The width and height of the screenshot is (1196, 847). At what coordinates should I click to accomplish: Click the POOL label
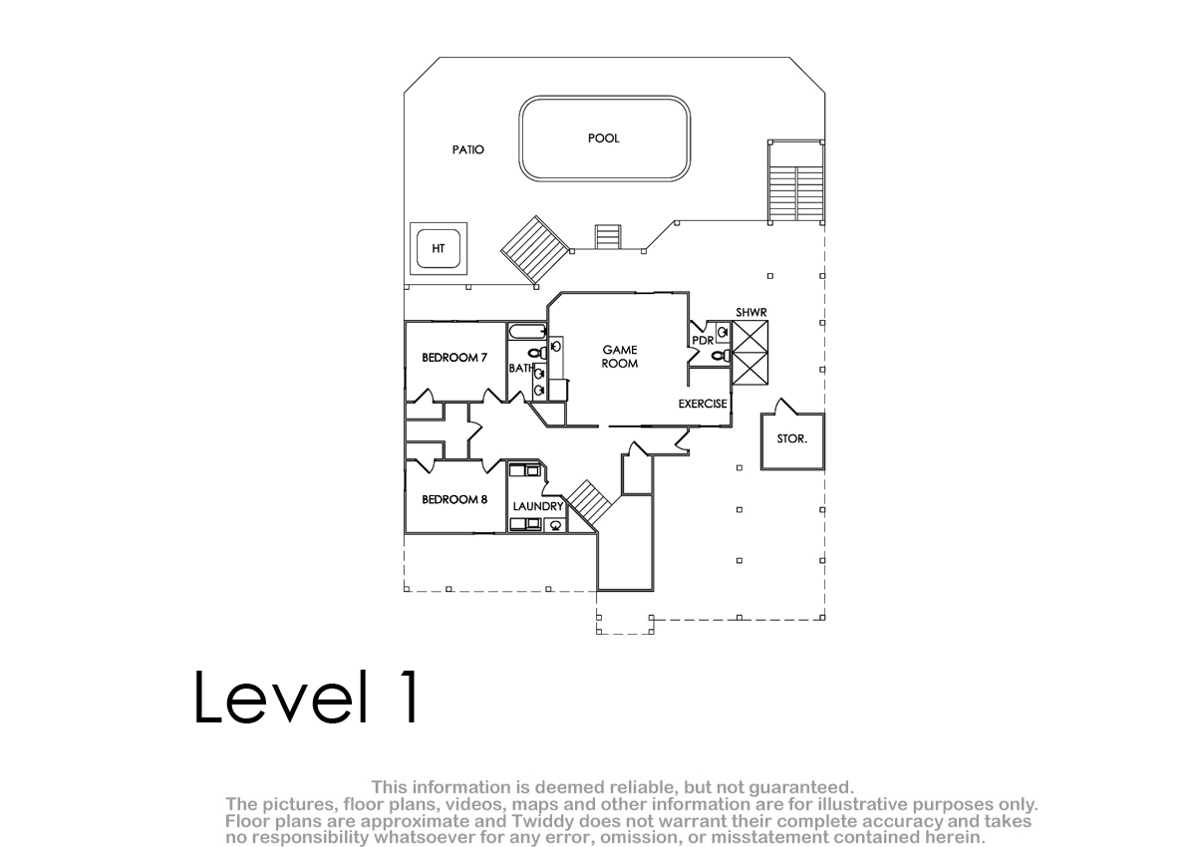(x=603, y=139)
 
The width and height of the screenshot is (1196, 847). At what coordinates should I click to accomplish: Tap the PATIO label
(x=467, y=150)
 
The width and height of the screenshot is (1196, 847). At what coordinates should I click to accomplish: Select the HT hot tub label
(x=438, y=249)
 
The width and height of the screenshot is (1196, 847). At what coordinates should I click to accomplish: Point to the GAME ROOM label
(x=619, y=357)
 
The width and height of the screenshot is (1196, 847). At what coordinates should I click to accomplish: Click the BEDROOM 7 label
(x=454, y=358)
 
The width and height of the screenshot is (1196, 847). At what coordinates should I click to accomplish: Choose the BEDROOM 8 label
(x=454, y=499)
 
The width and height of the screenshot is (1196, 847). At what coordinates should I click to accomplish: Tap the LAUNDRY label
(x=537, y=506)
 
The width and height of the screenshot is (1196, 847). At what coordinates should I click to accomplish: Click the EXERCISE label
(x=703, y=404)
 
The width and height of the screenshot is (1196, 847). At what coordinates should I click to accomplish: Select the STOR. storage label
(x=791, y=438)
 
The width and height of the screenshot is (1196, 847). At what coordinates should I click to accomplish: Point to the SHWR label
(x=751, y=312)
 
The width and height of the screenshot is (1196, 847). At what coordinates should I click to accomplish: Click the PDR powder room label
(x=703, y=341)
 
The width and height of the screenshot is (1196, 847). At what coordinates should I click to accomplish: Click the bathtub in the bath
(x=527, y=332)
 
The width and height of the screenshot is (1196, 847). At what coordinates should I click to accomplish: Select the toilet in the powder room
(x=722, y=355)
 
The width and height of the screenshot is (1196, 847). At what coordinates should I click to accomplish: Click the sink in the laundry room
(x=556, y=525)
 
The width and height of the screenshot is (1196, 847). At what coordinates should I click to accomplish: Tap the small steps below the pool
(x=608, y=237)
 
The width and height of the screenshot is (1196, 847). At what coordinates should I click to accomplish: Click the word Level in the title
(x=281, y=697)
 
